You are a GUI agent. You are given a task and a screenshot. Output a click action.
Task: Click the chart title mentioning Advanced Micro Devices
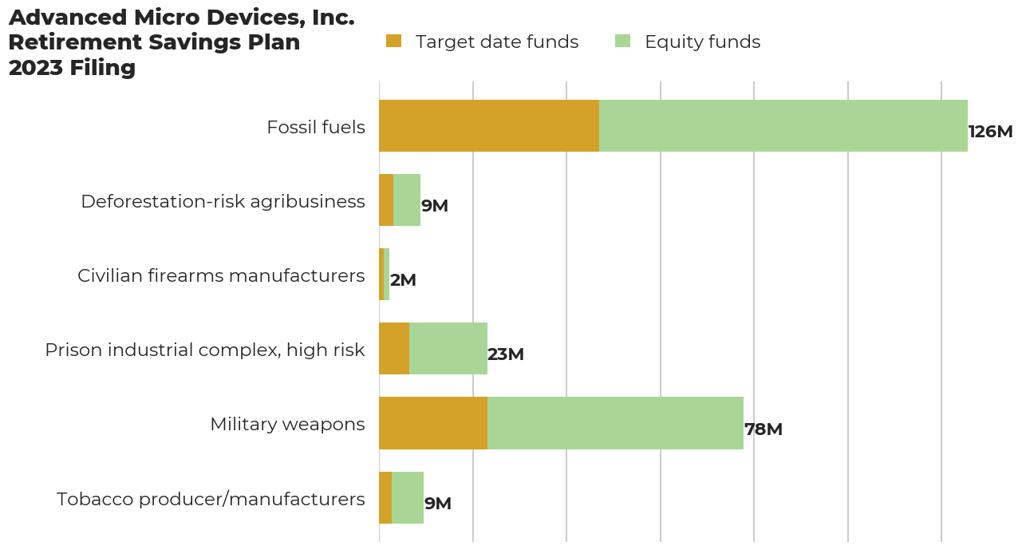[x=182, y=42]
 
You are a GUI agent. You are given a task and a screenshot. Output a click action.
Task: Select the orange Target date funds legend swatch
[x=393, y=41]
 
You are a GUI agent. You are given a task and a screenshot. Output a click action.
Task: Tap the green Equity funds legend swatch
[x=622, y=41]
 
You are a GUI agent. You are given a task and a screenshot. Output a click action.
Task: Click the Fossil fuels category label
[x=316, y=127]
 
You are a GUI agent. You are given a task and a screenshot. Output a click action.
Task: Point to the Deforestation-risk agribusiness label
[x=223, y=201]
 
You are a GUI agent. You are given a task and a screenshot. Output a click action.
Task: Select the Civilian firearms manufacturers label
[x=221, y=275]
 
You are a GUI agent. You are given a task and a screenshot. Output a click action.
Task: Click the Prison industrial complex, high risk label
[x=205, y=350]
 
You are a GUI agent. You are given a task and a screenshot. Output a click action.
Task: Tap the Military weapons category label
[x=287, y=425]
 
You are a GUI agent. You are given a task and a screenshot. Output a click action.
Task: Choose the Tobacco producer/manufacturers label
[x=211, y=499]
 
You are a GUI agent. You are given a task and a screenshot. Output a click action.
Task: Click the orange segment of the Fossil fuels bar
[x=489, y=125]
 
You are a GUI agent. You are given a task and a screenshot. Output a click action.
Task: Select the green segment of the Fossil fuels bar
[x=783, y=125]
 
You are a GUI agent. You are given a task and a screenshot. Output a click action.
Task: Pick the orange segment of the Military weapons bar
[x=433, y=423]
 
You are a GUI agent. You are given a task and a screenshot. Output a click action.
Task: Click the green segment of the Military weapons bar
[x=615, y=423]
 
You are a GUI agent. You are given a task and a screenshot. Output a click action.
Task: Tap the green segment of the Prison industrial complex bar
[x=448, y=349]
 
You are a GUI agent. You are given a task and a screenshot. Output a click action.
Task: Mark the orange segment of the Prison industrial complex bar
[x=394, y=349]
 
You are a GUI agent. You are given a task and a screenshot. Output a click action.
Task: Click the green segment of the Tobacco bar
[x=408, y=497]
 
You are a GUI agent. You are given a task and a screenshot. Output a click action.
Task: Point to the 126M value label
[x=991, y=132]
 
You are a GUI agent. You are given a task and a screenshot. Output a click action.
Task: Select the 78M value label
[x=764, y=429]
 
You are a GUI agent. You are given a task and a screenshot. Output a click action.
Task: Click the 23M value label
[x=506, y=354]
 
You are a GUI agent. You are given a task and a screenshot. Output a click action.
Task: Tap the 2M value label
[x=404, y=280]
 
